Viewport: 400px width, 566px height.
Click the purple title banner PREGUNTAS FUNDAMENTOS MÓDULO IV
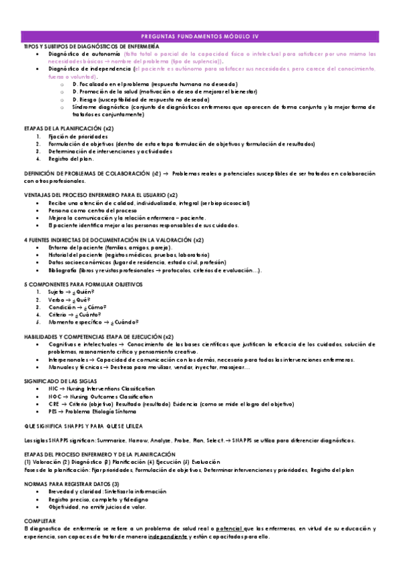pos(200,36)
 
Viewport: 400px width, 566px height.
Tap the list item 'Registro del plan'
pos(71,158)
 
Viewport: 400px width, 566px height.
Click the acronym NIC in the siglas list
pos(53,387)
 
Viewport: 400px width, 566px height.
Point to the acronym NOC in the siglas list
pos(54,396)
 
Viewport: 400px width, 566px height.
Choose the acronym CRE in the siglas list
pos(54,404)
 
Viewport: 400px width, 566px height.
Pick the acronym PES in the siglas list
pos(53,412)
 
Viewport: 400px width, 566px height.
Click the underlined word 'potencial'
pos(229,528)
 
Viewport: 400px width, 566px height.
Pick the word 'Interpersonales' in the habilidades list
pos(68,359)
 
